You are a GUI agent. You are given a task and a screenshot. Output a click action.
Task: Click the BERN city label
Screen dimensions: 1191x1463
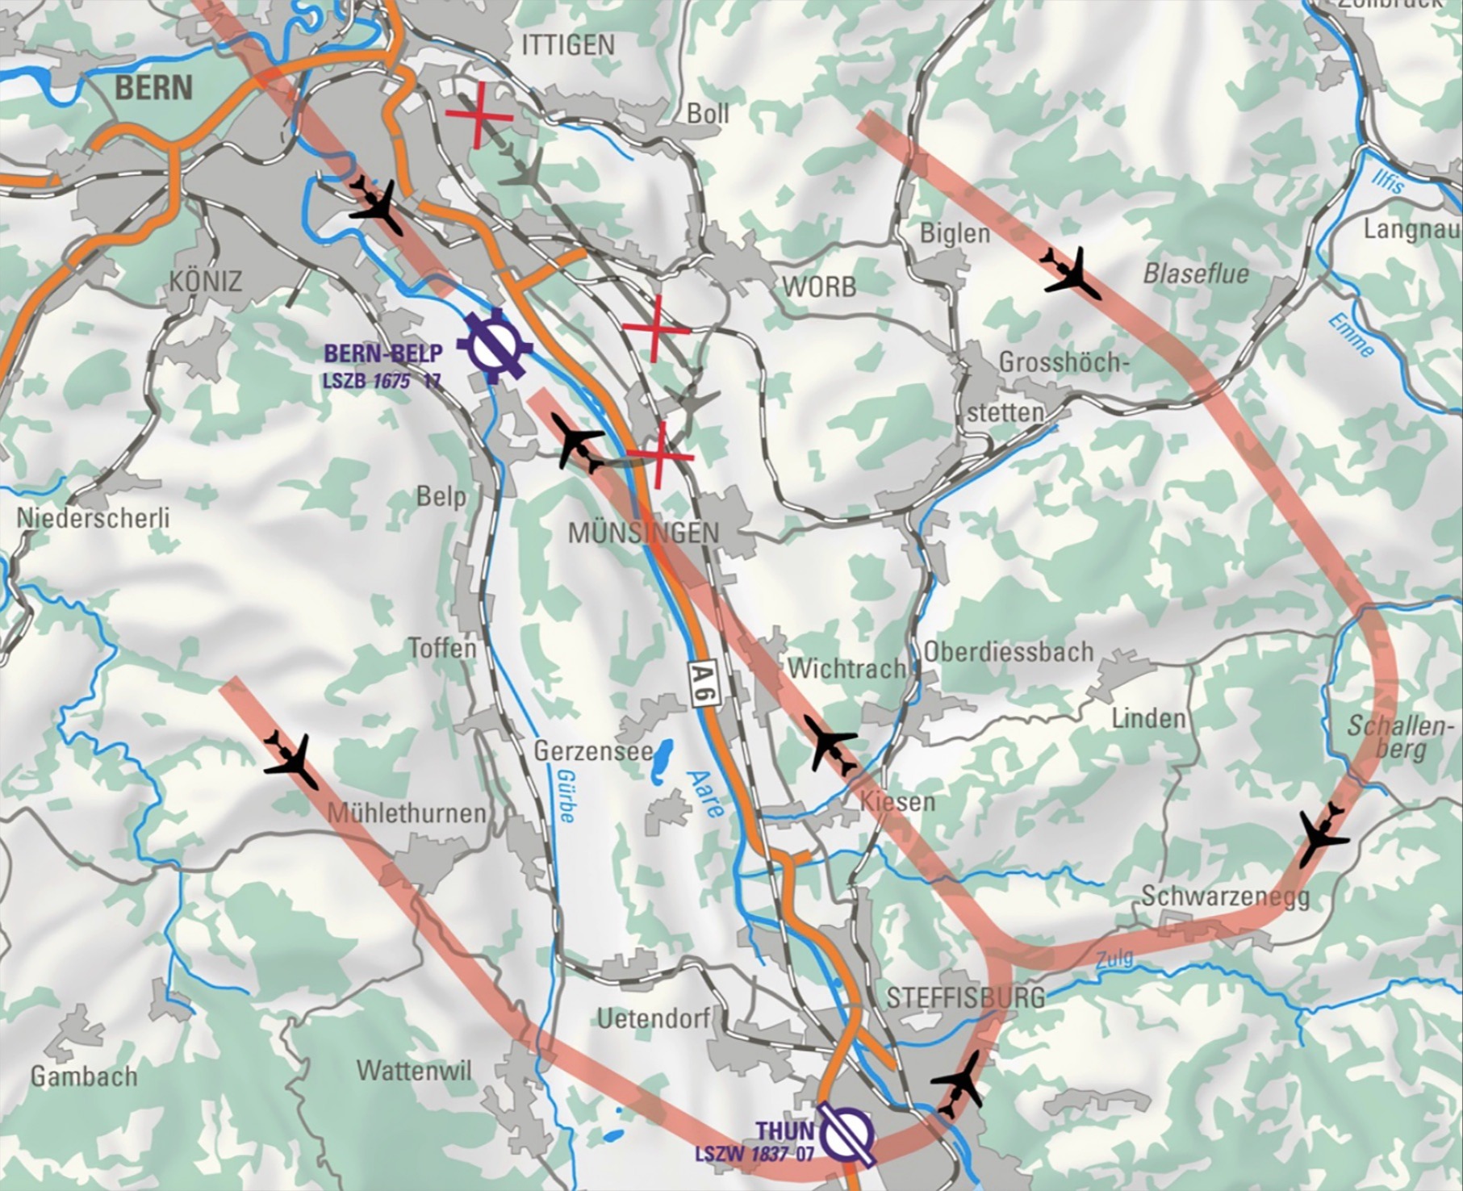pos(153,87)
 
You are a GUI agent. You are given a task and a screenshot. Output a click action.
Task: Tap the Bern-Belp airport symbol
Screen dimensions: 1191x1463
pos(495,346)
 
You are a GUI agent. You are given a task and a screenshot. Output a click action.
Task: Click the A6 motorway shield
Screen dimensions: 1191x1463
pos(704,684)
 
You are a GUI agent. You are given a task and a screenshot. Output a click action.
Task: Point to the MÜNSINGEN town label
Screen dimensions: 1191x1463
pos(643,533)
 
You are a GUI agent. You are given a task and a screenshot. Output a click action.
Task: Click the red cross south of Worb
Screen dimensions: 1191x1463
pos(655,328)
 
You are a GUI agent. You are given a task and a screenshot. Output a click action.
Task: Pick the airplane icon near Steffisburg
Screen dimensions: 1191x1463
pos(959,1081)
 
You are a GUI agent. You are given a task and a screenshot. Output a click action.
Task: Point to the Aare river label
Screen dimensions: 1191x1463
pos(703,795)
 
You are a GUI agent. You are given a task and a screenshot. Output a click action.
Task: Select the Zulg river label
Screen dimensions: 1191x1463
pos(1114,959)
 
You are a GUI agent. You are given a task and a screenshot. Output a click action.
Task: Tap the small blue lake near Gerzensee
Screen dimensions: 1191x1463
pos(663,757)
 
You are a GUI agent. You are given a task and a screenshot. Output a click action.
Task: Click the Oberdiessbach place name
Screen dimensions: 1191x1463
pos(1008,651)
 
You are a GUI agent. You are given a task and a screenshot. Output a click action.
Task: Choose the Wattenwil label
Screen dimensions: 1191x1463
pos(414,1071)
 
